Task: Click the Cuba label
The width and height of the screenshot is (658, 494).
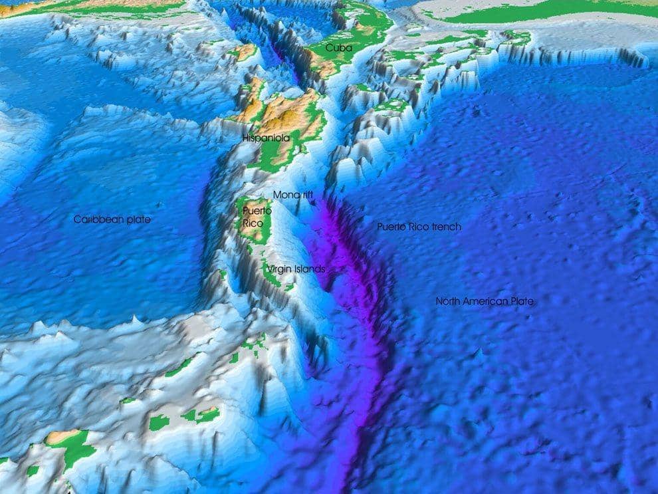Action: (x=339, y=48)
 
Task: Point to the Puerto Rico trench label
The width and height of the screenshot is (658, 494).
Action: (x=419, y=227)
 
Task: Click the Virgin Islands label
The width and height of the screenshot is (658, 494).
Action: (x=296, y=269)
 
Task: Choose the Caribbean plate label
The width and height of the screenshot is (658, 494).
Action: (x=112, y=219)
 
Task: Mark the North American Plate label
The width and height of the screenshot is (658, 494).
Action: (x=485, y=301)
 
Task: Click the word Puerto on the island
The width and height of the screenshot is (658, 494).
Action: (x=257, y=211)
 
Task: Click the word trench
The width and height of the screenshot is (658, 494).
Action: (x=446, y=227)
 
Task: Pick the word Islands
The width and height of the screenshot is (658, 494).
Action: (x=310, y=269)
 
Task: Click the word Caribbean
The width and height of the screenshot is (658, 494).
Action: (x=99, y=219)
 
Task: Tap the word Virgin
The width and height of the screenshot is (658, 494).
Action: (x=279, y=269)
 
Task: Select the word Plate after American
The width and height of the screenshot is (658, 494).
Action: (x=522, y=301)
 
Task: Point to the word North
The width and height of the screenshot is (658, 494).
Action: (x=449, y=301)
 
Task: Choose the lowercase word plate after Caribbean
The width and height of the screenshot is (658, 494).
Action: (x=139, y=219)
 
